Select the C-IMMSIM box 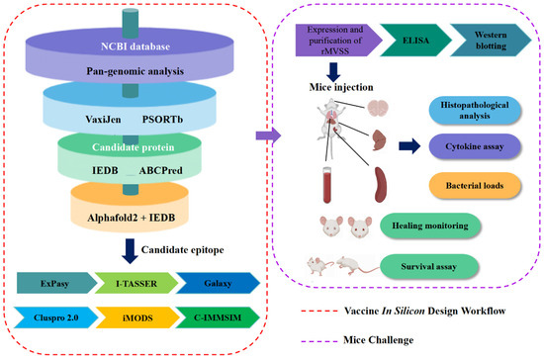pos(214,316)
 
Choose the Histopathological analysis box pos(473,112)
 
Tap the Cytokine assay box pos(473,148)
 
